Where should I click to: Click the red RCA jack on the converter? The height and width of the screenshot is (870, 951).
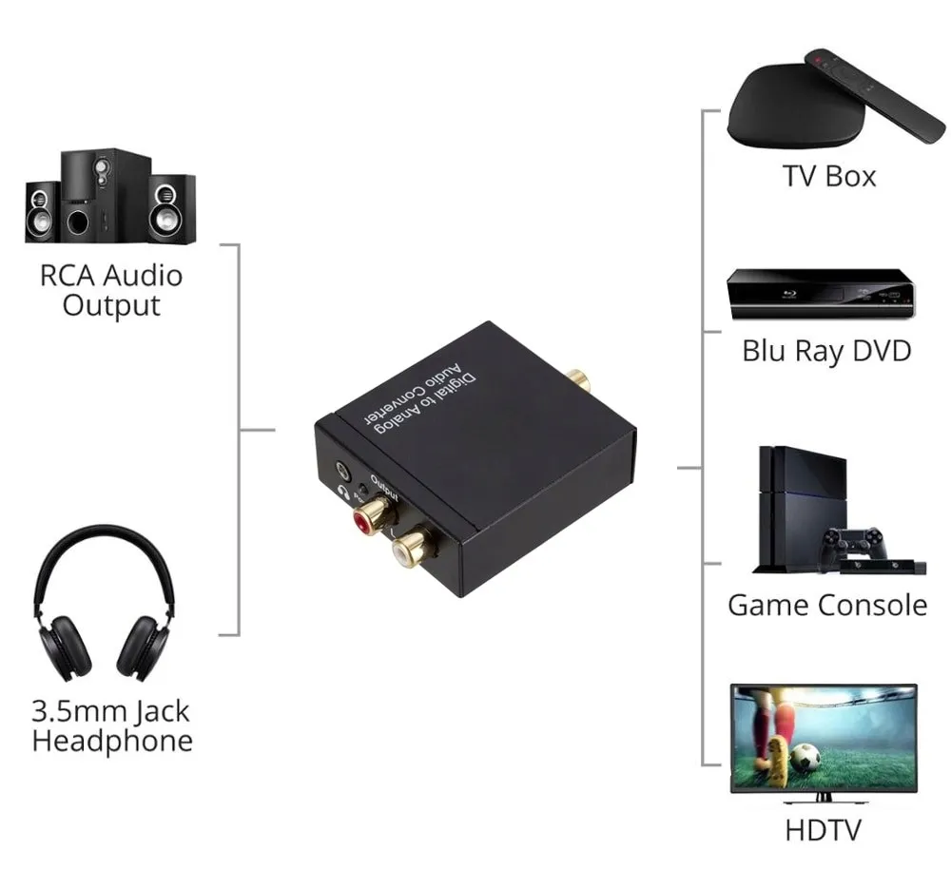[x=368, y=519]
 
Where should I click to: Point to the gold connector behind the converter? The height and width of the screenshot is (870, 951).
[x=576, y=381]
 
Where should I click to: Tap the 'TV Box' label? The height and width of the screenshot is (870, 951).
[x=829, y=176]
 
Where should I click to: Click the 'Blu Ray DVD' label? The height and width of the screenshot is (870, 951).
[x=826, y=350]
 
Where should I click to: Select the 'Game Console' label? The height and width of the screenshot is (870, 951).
[x=826, y=605]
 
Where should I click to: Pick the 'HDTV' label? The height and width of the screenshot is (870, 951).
[x=823, y=829]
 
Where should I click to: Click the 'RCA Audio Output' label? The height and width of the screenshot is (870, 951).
[x=110, y=290]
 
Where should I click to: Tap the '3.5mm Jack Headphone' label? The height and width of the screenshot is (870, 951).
[x=111, y=725]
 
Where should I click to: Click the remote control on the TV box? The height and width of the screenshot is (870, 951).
[x=874, y=95]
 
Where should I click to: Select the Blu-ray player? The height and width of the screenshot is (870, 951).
[x=820, y=292]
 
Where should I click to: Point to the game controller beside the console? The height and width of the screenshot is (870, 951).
[x=853, y=545]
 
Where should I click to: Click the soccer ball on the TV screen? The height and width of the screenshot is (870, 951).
[x=805, y=758]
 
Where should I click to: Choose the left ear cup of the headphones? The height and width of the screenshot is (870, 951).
[x=65, y=647]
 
